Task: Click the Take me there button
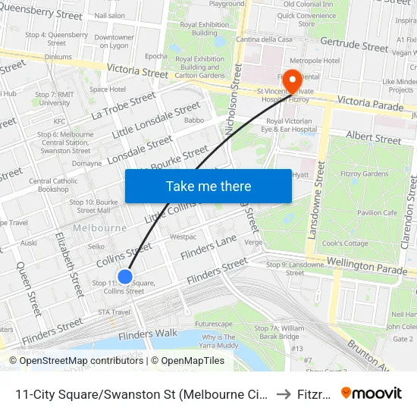click(208, 186)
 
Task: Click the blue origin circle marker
click(125, 277)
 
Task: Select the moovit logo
click(372, 393)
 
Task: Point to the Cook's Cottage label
click(345, 243)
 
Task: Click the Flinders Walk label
click(147, 334)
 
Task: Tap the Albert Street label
click(372, 138)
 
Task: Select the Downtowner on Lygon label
click(114, 42)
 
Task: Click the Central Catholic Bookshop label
click(53, 185)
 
